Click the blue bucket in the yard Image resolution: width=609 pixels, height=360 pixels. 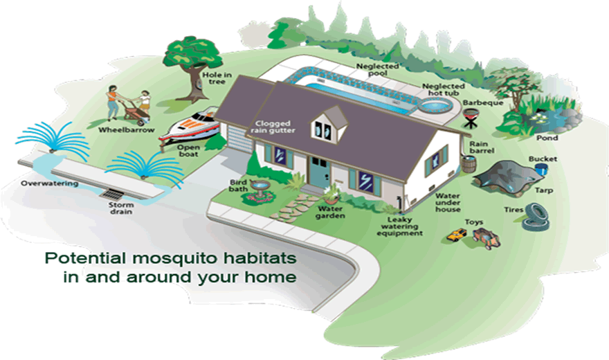point(542,169)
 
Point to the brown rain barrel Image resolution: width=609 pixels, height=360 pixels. point(469,162)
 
